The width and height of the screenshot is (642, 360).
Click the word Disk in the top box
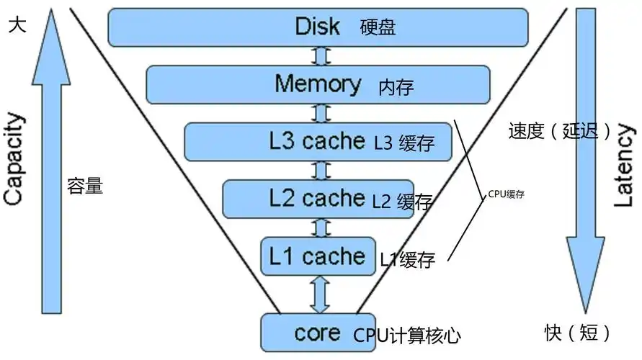(x=317, y=27)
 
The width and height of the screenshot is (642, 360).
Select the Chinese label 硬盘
(x=378, y=28)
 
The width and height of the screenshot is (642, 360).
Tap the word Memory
(x=318, y=84)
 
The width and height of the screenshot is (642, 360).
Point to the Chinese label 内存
(x=396, y=88)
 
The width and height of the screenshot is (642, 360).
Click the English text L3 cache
(x=313, y=141)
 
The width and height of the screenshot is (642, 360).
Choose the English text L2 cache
(x=316, y=197)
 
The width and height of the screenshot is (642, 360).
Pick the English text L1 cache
(x=317, y=256)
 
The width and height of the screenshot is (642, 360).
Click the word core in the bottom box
(x=317, y=333)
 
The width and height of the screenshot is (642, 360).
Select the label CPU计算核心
(x=406, y=336)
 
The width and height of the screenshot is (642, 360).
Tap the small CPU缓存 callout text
(x=505, y=194)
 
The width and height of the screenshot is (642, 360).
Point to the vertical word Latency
(x=624, y=166)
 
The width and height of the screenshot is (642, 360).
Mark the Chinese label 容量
(x=85, y=187)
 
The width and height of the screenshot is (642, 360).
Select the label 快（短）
(x=578, y=333)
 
